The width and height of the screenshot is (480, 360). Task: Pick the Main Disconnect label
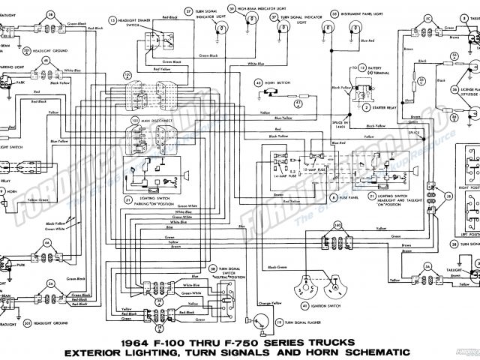coord(156,120)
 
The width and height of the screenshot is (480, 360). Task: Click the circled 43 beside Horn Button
coord(258,82)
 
